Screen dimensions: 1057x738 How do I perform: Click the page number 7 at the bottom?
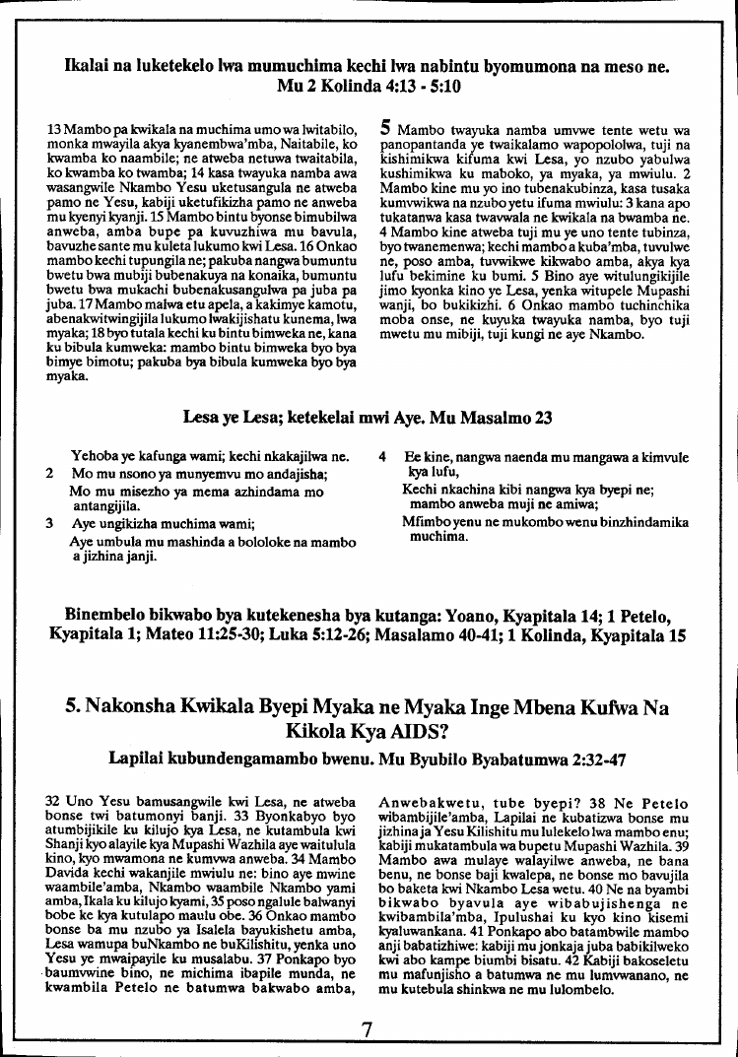point(369,1030)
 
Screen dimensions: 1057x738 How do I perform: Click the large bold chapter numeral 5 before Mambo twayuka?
point(386,127)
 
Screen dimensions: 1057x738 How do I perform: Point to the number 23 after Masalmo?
point(542,417)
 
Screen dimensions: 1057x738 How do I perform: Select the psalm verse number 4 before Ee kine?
point(383,457)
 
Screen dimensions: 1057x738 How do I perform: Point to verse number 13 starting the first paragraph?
point(55,129)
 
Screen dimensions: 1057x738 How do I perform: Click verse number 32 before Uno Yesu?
point(55,804)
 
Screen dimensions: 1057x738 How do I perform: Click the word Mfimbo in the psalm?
point(427,524)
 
